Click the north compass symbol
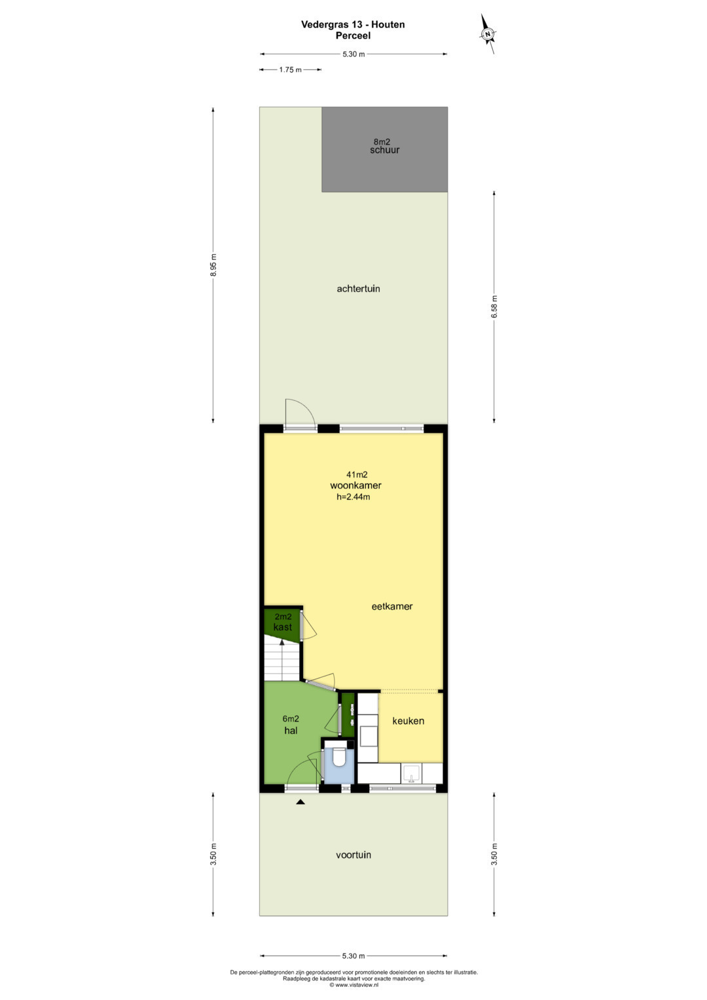click(488, 34)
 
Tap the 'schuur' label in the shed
click(384, 151)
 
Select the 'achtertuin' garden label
click(359, 289)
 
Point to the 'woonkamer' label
click(355, 485)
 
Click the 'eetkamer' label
click(392, 606)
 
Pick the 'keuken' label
click(408, 720)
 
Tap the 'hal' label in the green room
click(291, 730)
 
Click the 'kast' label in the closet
click(283, 627)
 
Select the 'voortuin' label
click(353, 855)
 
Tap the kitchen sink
click(411, 774)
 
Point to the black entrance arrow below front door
click(300, 802)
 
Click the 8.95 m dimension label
click(213, 265)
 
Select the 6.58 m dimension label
click(494, 306)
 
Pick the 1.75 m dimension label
click(291, 69)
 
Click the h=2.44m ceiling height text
click(353, 497)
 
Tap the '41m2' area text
click(357, 475)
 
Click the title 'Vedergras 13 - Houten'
click(353, 24)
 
